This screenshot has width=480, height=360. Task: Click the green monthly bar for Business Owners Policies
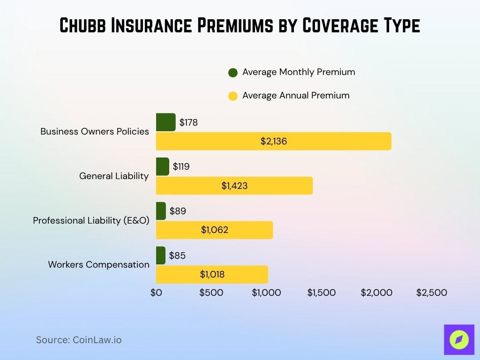click(x=165, y=122)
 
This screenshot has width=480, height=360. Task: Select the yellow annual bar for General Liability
click(x=234, y=186)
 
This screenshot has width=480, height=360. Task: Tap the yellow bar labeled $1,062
click(x=214, y=230)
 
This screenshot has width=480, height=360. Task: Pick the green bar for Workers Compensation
click(x=161, y=255)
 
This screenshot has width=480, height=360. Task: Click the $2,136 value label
click(x=274, y=141)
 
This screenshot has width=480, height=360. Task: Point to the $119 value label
click(x=181, y=166)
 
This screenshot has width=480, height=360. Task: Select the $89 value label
click(x=178, y=211)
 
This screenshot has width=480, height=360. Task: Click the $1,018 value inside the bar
click(x=212, y=275)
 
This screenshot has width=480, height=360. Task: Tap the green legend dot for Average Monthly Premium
click(x=233, y=73)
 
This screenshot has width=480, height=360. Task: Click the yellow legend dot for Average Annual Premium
click(x=233, y=96)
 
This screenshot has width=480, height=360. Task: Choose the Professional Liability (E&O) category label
click(x=91, y=220)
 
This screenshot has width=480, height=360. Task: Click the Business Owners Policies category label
click(x=95, y=132)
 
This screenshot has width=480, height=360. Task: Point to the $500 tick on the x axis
click(x=211, y=293)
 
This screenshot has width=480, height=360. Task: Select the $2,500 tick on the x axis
click(x=432, y=293)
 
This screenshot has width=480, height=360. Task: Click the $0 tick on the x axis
click(x=156, y=293)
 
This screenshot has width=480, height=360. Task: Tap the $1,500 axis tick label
click(x=321, y=293)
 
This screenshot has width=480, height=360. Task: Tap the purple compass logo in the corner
click(x=459, y=339)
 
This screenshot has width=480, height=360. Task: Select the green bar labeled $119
click(x=162, y=166)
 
